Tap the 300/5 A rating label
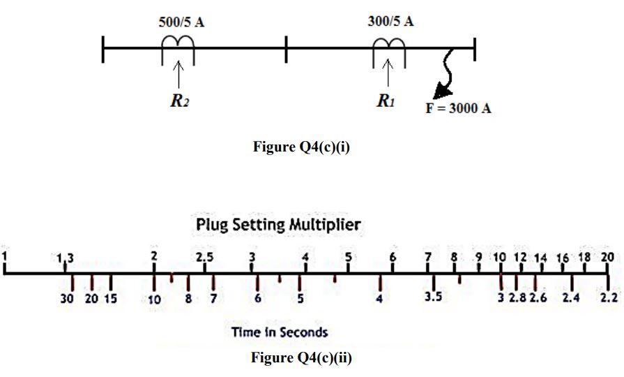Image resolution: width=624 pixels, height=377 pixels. (390, 21)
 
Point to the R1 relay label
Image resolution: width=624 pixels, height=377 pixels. (386, 101)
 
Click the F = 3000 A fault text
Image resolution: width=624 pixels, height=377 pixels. (459, 110)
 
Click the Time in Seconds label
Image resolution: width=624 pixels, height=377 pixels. (280, 332)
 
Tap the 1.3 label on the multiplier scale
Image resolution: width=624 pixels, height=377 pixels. (64, 258)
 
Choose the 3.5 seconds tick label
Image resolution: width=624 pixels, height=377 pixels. (433, 298)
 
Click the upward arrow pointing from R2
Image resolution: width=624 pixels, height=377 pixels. (178, 75)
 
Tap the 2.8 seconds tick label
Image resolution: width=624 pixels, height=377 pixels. (517, 299)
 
